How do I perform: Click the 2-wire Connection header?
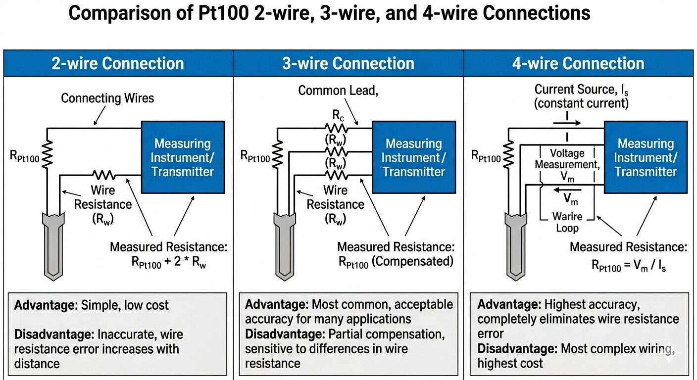click(118, 63)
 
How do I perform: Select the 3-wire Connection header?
click(348, 63)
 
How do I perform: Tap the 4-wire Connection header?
click(578, 63)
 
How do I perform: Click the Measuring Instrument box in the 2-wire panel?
click(183, 157)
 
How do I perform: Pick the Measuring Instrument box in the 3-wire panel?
click(413, 157)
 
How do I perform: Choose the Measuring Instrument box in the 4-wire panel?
click(646, 157)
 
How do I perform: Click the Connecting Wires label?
click(107, 98)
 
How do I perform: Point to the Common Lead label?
click(331, 91)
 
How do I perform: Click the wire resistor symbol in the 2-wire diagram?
click(103, 175)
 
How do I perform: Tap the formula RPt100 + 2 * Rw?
click(169, 263)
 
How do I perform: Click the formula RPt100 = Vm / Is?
click(629, 266)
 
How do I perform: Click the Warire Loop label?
click(567, 222)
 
